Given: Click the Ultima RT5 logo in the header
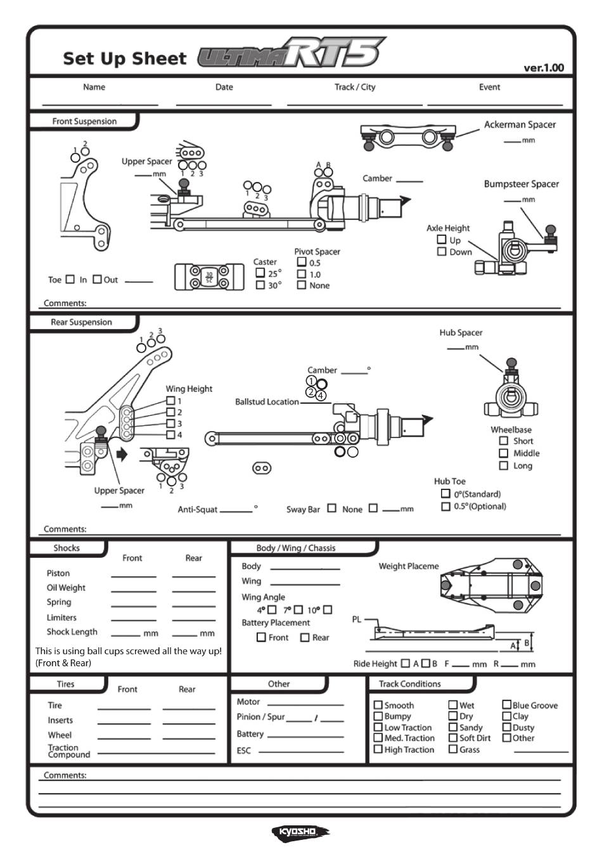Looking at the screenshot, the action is pos(291,53).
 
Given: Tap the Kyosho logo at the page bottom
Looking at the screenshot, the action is pos(300,832).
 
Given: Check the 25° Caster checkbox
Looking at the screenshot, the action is pos(260,273).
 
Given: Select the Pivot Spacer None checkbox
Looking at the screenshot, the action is pos(302,285).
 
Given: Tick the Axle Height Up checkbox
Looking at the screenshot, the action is pos(442,239).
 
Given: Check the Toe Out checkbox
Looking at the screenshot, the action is pos(98,279).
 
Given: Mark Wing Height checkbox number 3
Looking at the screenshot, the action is pos(170,423).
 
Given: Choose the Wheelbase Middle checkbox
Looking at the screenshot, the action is pos(504,453).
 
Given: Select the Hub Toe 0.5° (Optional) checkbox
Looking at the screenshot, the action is pos(445,507).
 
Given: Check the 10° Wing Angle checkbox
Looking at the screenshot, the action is pos(328,610).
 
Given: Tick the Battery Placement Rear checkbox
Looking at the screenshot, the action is pos(305,637).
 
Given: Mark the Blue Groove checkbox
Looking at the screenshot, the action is pos(506,704).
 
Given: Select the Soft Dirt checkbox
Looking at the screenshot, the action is pos(453,737).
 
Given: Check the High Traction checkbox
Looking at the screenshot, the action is pos(378,749).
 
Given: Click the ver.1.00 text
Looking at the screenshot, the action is pos(544,68).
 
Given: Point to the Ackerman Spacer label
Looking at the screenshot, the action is pos(520,124).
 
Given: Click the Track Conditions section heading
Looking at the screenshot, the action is pos(410,683).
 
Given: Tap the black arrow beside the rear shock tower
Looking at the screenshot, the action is pos(122,454).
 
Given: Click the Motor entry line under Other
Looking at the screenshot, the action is pos(305,706).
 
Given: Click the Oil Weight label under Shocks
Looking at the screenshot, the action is pos(66,588).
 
